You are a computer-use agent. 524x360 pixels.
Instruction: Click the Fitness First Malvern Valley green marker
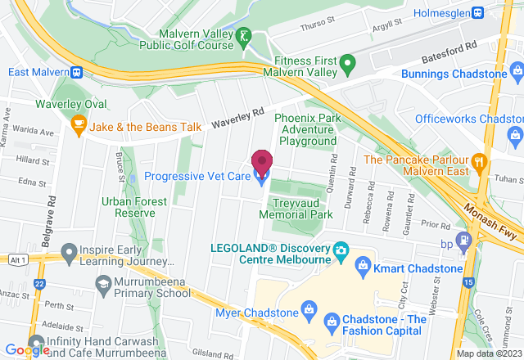347,63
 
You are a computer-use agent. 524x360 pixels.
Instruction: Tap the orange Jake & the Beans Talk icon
79,127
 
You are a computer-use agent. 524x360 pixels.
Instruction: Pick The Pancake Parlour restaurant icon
480,160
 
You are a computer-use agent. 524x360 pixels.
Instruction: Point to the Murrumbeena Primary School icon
103,283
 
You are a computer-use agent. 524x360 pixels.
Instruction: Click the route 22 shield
40,282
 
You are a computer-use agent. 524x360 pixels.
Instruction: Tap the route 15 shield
467,282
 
